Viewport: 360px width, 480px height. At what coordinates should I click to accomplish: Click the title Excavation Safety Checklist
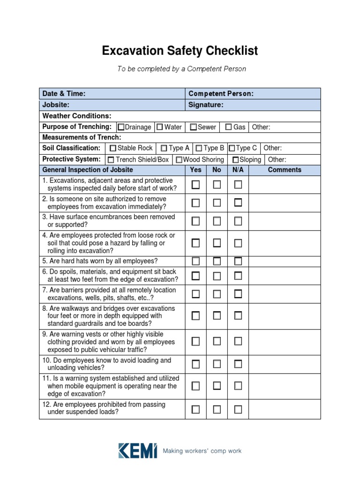point(180,51)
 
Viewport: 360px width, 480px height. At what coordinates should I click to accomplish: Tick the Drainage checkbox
point(121,127)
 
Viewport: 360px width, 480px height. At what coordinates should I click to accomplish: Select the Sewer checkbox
point(193,127)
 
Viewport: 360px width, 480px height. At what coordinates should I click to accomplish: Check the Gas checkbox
point(228,127)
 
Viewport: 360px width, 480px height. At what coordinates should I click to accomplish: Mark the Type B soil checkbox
point(199,148)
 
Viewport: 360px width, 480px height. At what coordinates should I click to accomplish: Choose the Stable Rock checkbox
point(112,148)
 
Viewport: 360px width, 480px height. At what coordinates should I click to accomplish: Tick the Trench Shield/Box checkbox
point(111,160)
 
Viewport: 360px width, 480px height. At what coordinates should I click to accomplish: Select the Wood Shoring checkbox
point(179,160)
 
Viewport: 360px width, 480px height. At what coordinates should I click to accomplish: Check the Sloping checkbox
point(235,160)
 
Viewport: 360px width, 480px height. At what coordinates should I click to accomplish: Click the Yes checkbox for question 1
point(195,185)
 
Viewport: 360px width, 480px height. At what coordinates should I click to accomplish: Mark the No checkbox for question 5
point(217,261)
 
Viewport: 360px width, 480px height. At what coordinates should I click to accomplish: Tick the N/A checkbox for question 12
point(238,409)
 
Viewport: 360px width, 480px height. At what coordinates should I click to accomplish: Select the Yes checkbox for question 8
point(195,316)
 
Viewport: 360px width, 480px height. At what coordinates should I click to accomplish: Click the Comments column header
point(285,170)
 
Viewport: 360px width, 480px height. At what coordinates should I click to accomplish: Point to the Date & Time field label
point(64,94)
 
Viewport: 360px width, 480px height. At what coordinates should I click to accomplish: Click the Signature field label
point(206,105)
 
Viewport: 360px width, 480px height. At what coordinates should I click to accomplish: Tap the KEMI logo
point(137,450)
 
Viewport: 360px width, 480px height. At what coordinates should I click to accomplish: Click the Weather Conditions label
point(77,116)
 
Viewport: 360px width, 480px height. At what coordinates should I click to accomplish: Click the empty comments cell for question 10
point(285,364)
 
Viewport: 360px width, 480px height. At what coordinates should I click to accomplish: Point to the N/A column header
point(238,170)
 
